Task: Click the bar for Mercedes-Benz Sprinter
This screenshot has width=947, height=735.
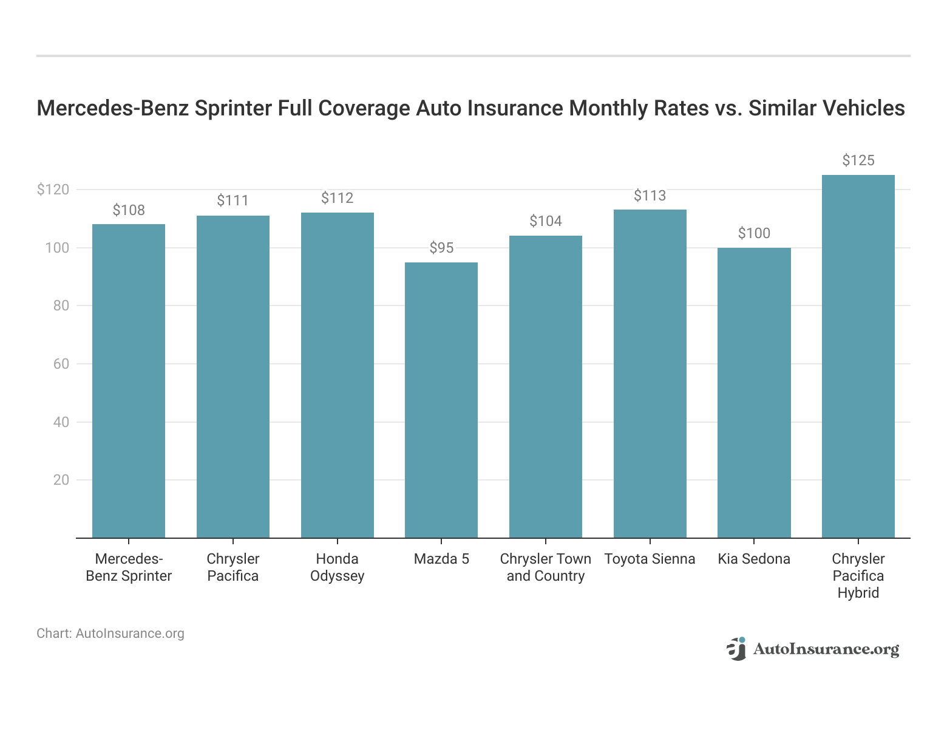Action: tap(129, 381)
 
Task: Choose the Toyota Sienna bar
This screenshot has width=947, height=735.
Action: tap(650, 374)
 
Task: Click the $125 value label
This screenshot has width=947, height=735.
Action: tap(858, 160)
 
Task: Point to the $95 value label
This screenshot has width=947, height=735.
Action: tap(441, 248)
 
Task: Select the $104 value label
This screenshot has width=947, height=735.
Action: tap(545, 221)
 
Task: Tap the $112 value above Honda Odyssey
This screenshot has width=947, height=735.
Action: tap(337, 198)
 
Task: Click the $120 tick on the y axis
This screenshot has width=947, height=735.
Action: tap(53, 190)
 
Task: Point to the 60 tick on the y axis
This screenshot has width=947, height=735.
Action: tap(61, 364)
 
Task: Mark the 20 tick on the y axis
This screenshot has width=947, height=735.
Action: tap(61, 480)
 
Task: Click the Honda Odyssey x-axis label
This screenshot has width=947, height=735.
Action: tap(337, 567)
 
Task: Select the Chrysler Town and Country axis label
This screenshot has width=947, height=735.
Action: tap(545, 567)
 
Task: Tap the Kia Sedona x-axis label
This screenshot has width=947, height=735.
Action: tap(754, 559)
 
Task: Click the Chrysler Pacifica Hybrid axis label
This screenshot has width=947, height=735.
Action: tap(858, 576)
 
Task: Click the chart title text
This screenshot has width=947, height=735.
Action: tap(470, 108)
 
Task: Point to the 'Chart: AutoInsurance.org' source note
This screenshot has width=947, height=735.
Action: tap(110, 634)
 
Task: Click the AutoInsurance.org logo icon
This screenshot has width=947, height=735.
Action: tap(736, 649)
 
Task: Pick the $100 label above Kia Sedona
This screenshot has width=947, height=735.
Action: tap(754, 233)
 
